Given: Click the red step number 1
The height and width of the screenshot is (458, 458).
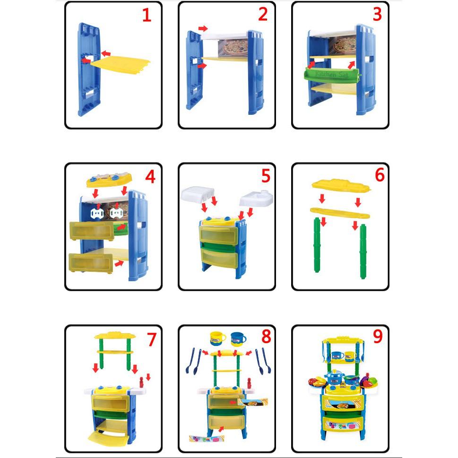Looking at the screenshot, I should (147, 15).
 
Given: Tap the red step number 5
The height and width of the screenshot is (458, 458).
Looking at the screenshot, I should (266, 176).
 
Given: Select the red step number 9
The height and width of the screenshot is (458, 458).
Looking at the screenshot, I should (378, 337).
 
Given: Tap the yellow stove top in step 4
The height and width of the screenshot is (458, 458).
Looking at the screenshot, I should (109, 181).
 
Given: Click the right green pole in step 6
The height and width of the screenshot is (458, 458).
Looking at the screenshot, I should (363, 250).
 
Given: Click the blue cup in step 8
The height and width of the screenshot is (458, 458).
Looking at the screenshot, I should (238, 339).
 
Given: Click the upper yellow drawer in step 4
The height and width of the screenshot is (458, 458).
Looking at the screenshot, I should (92, 230).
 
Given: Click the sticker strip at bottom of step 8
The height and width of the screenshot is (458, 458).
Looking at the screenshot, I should (207, 439).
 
